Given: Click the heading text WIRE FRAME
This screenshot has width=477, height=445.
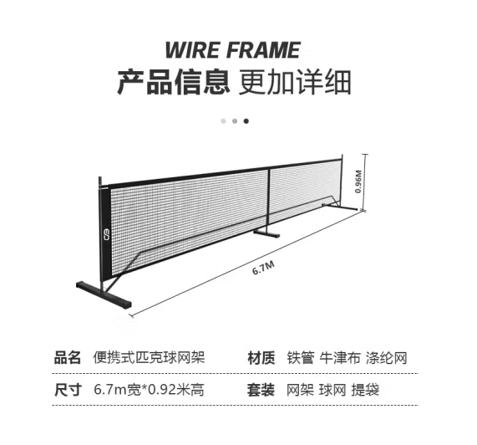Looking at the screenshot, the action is tap(233, 50).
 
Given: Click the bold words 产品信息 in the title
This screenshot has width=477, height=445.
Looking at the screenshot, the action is tap(173, 82).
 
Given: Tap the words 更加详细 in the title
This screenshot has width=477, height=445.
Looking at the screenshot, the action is tap(295, 82).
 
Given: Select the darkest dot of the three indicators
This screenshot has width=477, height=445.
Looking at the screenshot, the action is tap(246, 121).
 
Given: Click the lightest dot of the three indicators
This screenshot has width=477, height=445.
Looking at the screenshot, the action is tap(223, 121).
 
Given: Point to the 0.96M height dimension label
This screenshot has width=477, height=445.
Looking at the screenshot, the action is tap(358, 182).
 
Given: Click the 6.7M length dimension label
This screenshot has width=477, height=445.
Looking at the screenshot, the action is tap(263, 268).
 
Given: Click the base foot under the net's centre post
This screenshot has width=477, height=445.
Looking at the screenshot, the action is tap(266, 233).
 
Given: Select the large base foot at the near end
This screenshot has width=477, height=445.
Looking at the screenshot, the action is tap(104, 294).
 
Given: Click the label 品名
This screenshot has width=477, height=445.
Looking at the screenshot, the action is tap(67, 357).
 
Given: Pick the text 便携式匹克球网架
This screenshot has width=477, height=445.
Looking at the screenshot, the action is tap(149, 357).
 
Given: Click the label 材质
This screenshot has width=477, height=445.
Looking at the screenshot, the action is tap(261, 357).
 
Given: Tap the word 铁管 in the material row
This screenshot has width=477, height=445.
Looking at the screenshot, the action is tap(301, 357).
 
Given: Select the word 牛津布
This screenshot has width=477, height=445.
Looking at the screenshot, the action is tap(340, 357).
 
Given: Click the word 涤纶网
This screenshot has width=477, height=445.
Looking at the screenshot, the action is tap(386, 357).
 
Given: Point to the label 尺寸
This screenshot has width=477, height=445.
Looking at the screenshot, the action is tap(68, 390).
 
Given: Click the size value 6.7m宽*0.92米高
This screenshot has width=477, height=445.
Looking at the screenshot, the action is tap(149, 390).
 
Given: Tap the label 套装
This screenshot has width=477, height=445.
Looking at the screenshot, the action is tap(261, 390).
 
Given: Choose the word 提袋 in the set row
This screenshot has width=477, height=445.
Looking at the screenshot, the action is tap(365, 390).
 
